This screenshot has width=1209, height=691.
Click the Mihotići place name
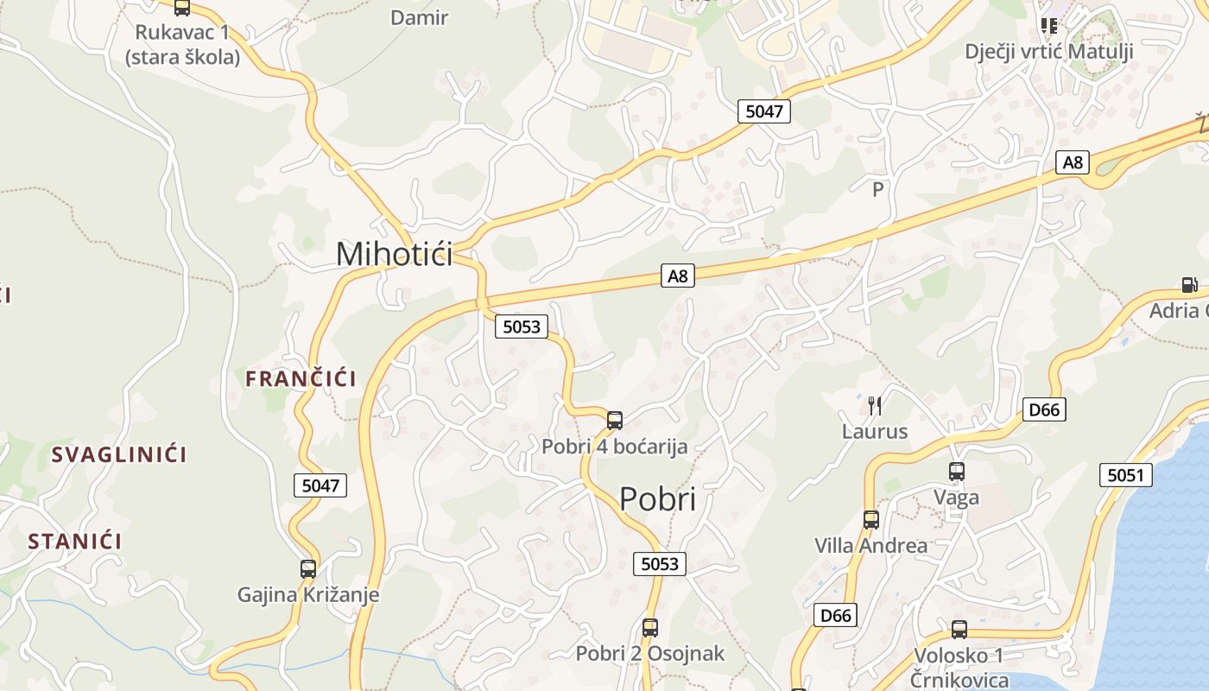pyautogui.click(x=394, y=254)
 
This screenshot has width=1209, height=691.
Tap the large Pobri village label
pyautogui.click(x=658, y=499)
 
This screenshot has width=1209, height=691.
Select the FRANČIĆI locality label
pyautogui.click(x=301, y=378)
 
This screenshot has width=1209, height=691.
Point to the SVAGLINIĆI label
pyautogui.click(x=119, y=454)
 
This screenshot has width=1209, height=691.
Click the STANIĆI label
pyautogui.click(x=74, y=542)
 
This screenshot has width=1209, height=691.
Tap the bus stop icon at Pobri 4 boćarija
pyautogui.click(x=615, y=421)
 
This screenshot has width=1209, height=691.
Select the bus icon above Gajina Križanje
pyautogui.click(x=308, y=569)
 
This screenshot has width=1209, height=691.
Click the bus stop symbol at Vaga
pyautogui.click(x=957, y=472)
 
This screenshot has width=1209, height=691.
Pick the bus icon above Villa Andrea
pyautogui.click(x=871, y=520)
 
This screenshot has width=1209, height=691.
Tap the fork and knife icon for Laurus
pyautogui.click(x=875, y=405)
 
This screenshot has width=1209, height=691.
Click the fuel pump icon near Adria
pyautogui.click(x=1189, y=285)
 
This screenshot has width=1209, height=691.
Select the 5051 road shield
pyautogui.click(x=1126, y=475)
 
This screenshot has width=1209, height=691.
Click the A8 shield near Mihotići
pyautogui.click(x=678, y=276)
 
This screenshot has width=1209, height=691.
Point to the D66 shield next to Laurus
pyautogui.click(x=1044, y=409)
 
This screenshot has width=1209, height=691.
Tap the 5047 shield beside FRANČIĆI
pyautogui.click(x=320, y=485)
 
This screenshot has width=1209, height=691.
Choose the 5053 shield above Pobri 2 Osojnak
pyautogui.click(x=660, y=564)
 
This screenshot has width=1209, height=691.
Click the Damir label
pyautogui.click(x=420, y=17)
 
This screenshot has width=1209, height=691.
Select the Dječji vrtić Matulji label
pyautogui.click(x=1048, y=51)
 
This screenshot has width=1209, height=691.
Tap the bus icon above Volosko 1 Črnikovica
pyautogui.click(x=959, y=630)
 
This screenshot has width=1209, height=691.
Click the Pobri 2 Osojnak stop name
pyautogui.click(x=650, y=654)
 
